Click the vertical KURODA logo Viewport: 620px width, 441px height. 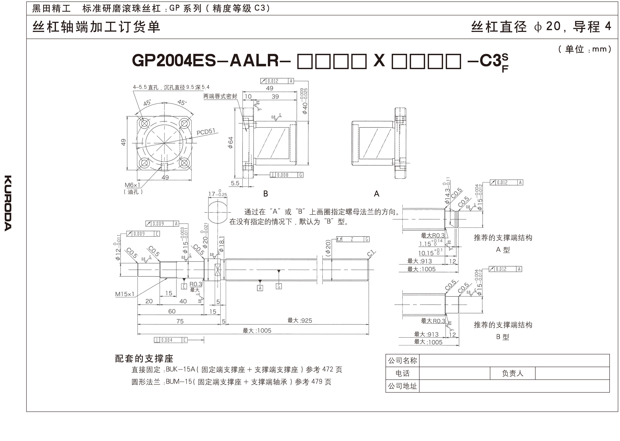[8, 203]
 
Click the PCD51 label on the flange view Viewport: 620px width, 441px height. [206, 132]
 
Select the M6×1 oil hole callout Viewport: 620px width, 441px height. [132, 185]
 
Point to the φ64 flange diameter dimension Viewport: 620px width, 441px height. [231, 142]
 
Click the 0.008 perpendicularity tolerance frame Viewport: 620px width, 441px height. [286, 175]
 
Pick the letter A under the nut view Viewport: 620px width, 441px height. [376, 194]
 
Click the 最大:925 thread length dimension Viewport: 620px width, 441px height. [300, 320]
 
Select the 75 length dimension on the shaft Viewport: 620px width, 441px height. [180, 321]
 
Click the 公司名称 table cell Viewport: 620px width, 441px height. [402, 361]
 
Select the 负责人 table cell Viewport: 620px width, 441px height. [512, 373]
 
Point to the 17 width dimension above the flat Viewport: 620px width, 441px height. [217, 194]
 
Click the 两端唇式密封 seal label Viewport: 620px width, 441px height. [220, 96]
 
